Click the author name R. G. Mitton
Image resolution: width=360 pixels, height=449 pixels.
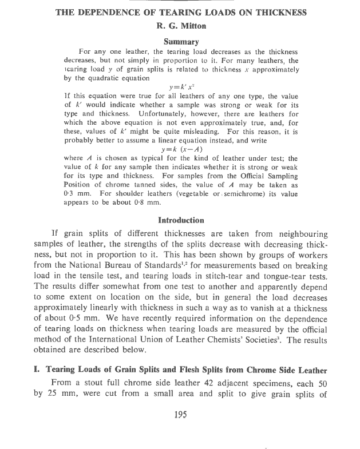tap(181, 25)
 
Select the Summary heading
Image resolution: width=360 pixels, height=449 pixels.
tap(181, 41)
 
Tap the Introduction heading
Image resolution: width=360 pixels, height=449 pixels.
tap(181, 220)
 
